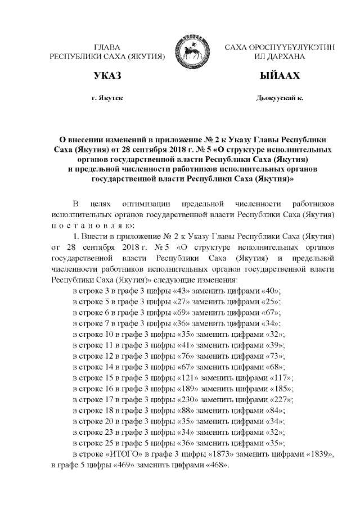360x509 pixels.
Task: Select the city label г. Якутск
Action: click(107, 98)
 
